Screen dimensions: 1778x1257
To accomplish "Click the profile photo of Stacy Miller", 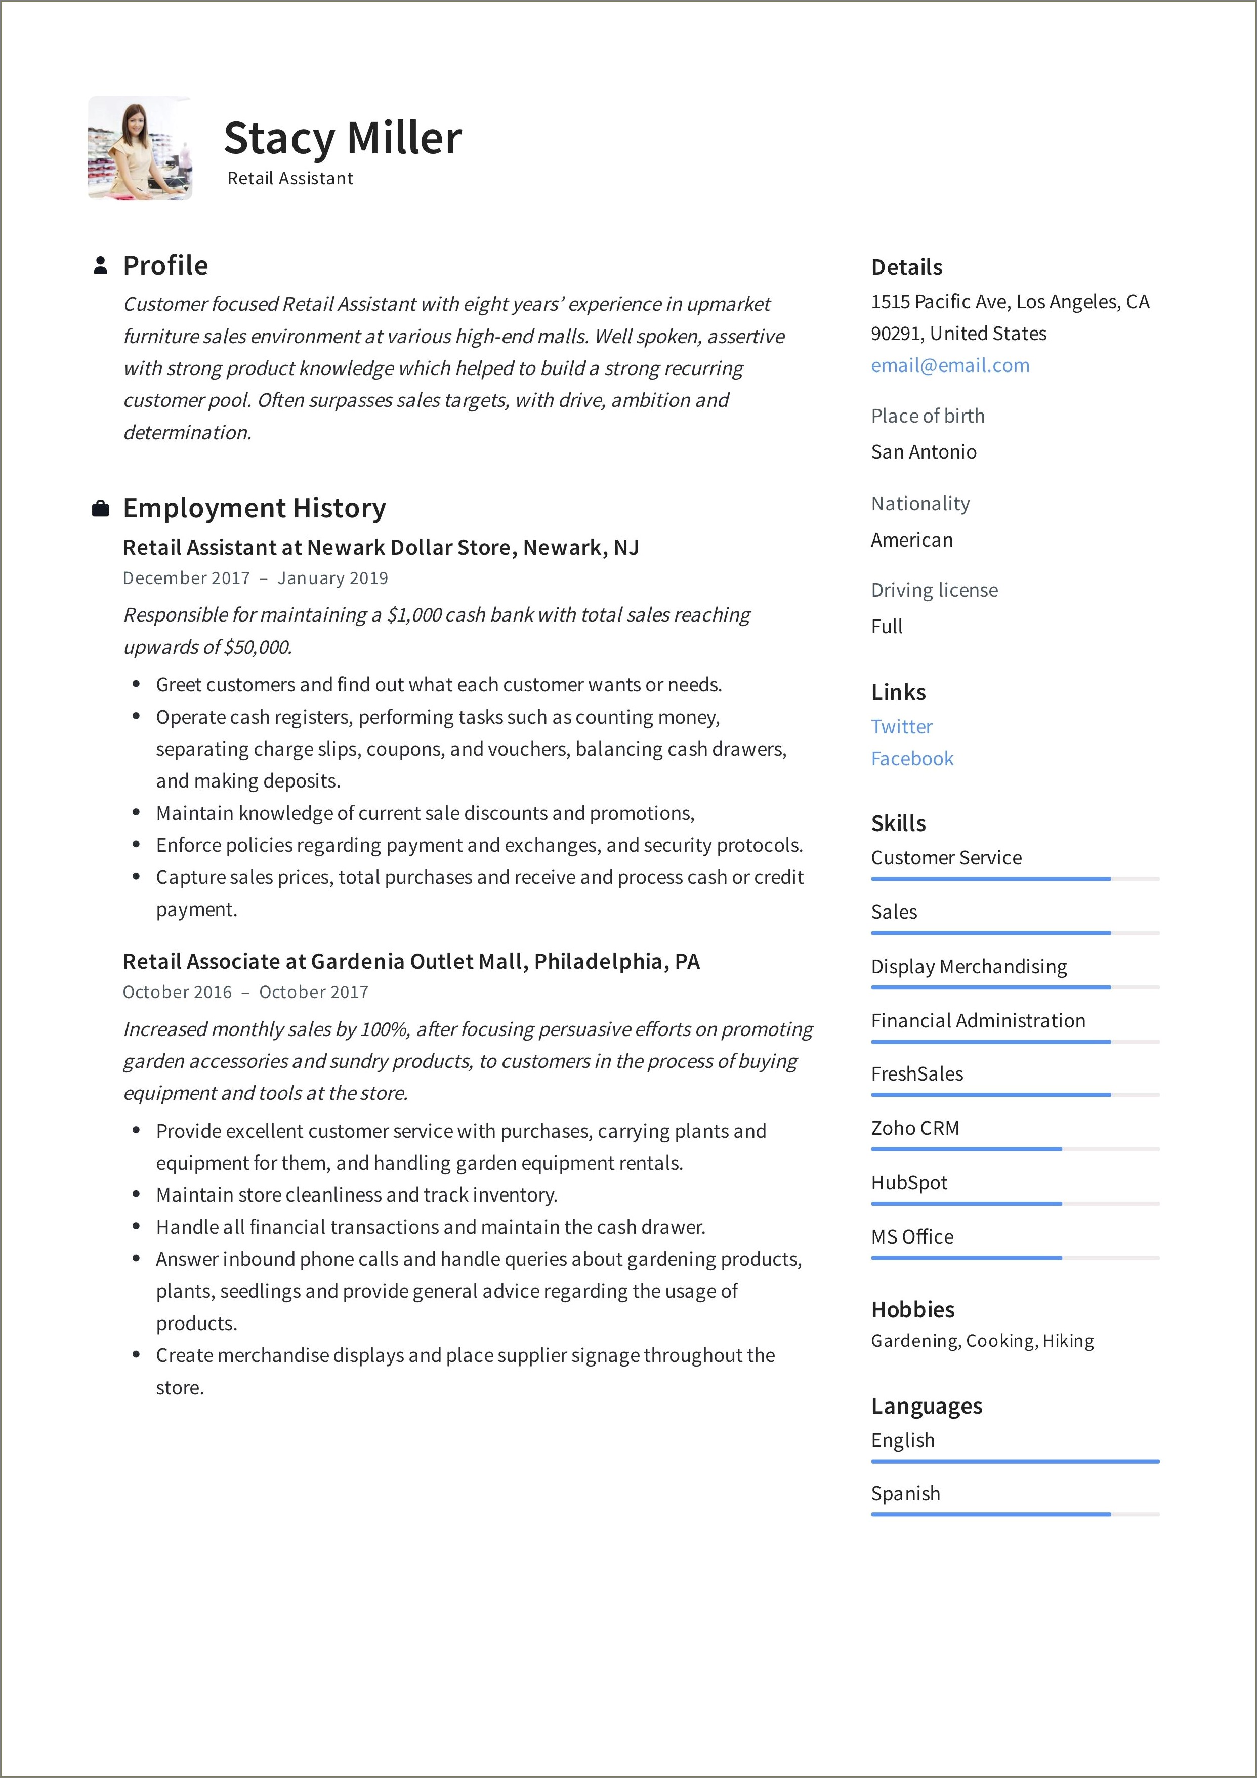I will (140, 149).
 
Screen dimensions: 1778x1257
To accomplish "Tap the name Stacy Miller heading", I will (342, 139).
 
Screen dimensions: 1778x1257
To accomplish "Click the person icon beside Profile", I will (100, 266).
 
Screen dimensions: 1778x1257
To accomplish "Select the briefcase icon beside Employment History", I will (100, 509).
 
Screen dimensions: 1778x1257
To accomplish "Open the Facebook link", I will (911, 759).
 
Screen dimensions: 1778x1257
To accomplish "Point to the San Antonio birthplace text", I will (923, 452).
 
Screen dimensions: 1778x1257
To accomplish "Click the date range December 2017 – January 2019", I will (255, 578).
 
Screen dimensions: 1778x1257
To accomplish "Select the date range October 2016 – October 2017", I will (245, 992).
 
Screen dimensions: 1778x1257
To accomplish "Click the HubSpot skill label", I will (908, 1182).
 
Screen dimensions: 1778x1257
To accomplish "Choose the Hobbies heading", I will (912, 1309).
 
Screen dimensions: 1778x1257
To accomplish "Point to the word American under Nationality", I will (911, 540).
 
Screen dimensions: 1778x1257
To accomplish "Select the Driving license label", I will (934, 590).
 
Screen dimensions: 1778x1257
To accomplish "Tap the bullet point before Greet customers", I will (136, 685).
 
